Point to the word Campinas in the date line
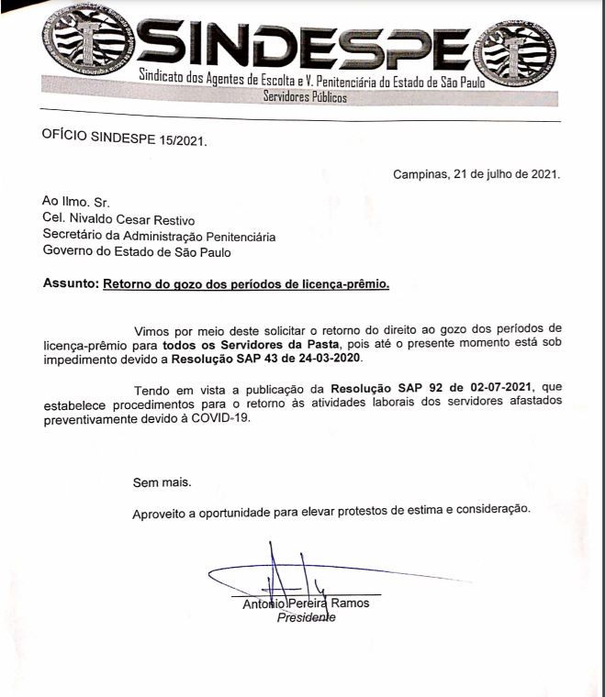tap(418, 173)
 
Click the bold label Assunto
tap(70, 284)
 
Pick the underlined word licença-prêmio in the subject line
tap(345, 284)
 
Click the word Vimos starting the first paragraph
tap(151, 328)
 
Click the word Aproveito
tap(159, 511)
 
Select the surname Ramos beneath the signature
tap(351, 603)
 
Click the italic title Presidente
tap(307, 617)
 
